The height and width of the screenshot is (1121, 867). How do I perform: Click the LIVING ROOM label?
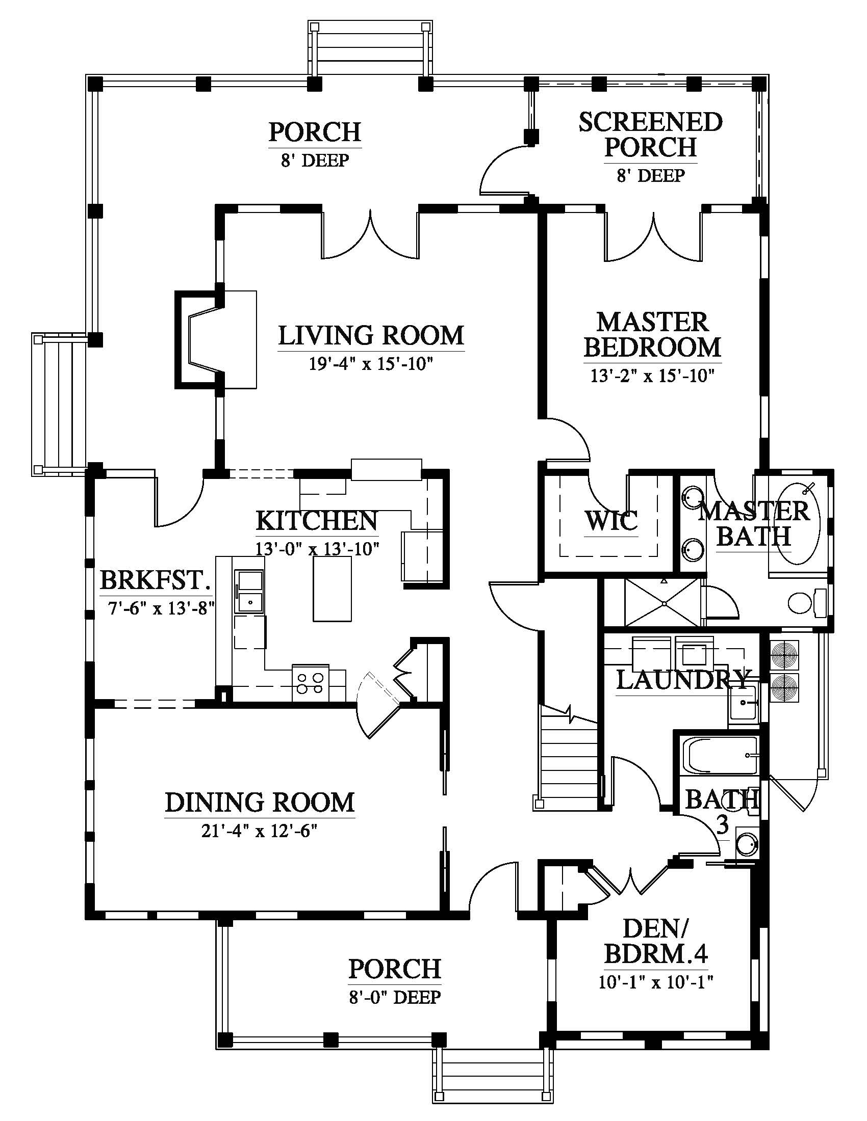click(x=371, y=336)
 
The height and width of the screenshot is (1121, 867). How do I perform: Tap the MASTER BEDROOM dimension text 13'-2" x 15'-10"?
click(x=652, y=376)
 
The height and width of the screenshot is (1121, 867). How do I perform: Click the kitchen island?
click(x=333, y=588)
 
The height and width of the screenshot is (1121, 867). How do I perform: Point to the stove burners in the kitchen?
click(x=310, y=683)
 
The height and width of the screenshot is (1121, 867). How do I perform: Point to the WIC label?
click(x=611, y=520)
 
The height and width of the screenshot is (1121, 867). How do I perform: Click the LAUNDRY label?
click(x=682, y=680)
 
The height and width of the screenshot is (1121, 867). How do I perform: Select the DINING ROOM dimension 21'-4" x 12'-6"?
click(x=259, y=831)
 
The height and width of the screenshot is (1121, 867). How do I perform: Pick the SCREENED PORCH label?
click(x=650, y=135)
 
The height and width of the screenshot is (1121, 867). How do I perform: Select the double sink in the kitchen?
click(x=249, y=591)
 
